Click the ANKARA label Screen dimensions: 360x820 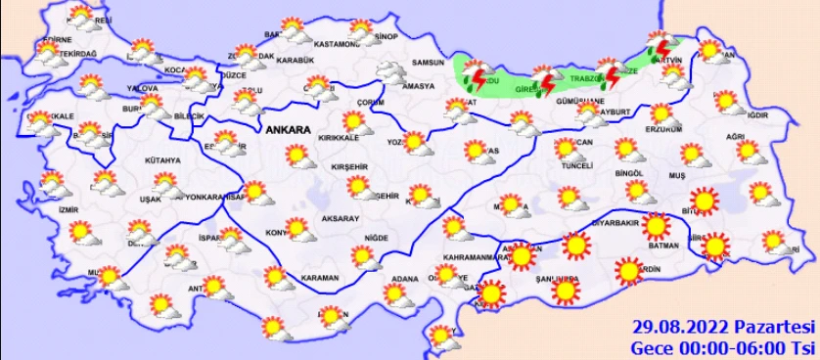287,130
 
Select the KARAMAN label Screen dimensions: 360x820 320,279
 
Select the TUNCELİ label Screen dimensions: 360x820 573,166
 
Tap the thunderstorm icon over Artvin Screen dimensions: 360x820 662,44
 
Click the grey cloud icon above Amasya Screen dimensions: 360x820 394,72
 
